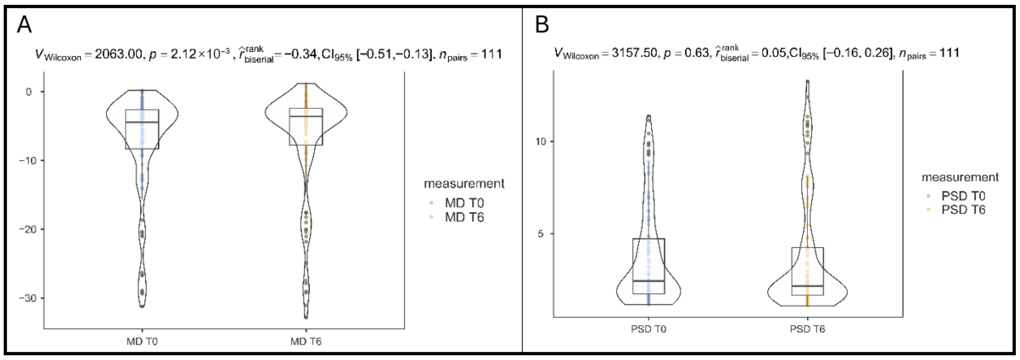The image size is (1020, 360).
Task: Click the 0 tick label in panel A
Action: (x=28, y=92)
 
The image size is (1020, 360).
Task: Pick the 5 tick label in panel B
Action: (x=541, y=234)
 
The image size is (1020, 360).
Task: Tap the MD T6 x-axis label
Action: (x=306, y=341)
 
